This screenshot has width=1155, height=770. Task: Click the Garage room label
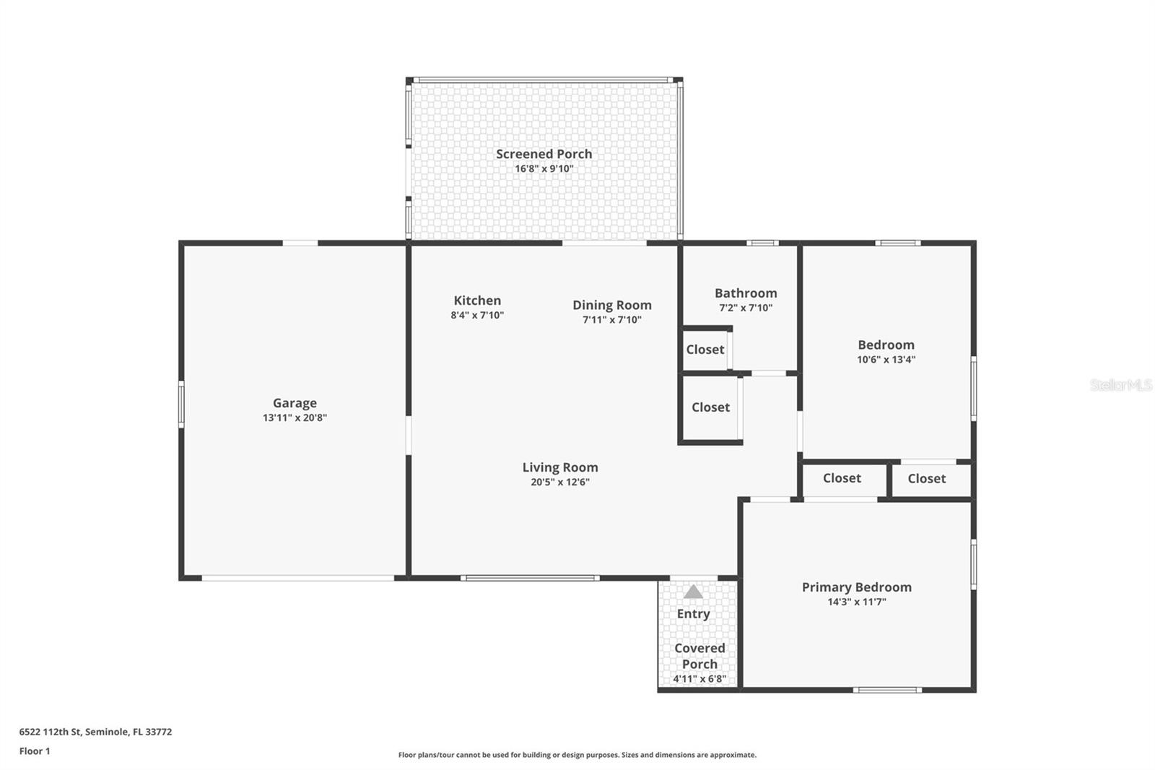(x=295, y=403)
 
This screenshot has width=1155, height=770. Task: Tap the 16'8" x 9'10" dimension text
(x=544, y=169)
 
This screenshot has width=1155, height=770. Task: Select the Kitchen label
(x=477, y=300)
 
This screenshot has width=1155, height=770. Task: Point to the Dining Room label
(x=612, y=305)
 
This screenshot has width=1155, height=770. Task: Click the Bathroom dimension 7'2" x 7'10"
(x=746, y=308)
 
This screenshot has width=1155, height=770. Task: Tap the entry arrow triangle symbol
(x=693, y=592)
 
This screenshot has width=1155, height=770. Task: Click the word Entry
(x=693, y=614)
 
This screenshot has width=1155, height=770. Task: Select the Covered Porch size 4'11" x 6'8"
(x=699, y=679)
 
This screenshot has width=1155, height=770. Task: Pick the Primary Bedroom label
(x=856, y=587)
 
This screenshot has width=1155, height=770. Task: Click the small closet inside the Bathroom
(x=705, y=350)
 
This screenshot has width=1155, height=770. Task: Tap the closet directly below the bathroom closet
(x=710, y=407)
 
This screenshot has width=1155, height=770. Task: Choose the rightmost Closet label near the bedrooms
(x=926, y=479)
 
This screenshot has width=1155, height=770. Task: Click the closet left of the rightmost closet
(x=842, y=478)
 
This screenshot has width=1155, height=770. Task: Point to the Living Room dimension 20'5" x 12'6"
(x=560, y=483)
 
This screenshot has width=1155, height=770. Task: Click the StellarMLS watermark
(x=1120, y=385)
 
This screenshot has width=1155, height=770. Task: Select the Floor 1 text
(x=35, y=751)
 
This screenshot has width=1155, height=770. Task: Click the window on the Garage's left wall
(x=182, y=405)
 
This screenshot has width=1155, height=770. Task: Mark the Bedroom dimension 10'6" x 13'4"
(x=886, y=360)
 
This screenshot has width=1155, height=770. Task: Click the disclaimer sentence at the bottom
(x=577, y=755)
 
